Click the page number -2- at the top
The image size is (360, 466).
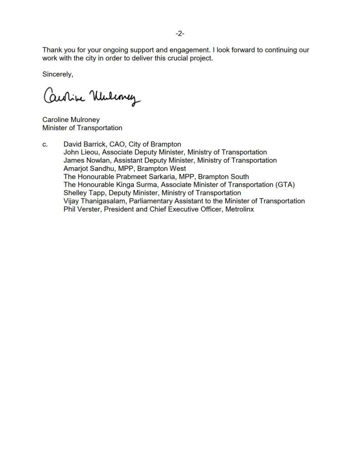tap(180, 34)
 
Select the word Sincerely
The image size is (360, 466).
tap(57, 74)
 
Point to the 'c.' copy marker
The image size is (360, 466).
tap(45, 144)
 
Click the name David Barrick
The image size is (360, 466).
tap(84, 144)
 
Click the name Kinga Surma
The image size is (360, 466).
tap(138, 185)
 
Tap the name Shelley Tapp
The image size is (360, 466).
tap(84, 193)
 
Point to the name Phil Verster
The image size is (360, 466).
tap(81, 209)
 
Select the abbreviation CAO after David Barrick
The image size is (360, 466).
tap(117, 144)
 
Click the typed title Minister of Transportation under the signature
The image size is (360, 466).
tap(82, 128)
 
